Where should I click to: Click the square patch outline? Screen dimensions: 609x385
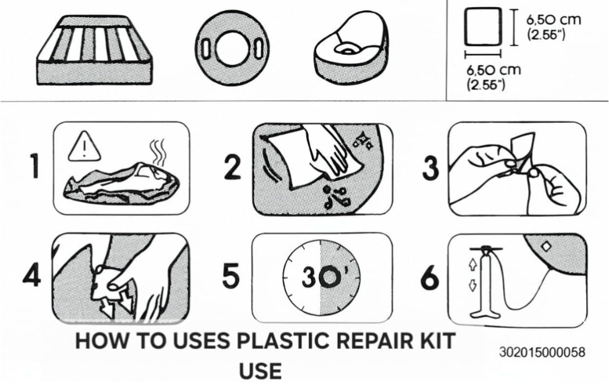click(x=483, y=27)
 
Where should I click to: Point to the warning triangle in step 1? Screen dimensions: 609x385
click(x=84, y=146)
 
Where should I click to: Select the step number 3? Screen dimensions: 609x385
click(x=430, y=168)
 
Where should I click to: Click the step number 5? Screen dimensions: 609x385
click(x=230, y=276)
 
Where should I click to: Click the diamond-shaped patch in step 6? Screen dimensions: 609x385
click(x=546, y=247)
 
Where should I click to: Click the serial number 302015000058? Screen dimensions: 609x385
click(x=542, y=352)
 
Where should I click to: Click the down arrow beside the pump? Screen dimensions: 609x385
click(x=473, y=286)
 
